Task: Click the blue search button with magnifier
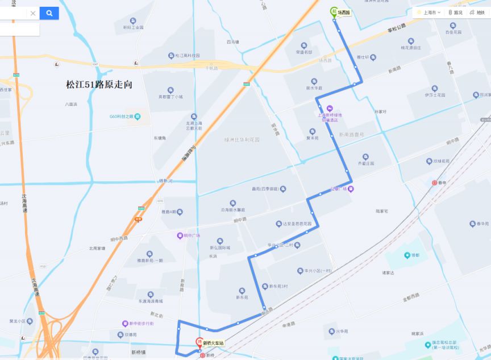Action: coord(49,13)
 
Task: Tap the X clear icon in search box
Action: coord(33,13)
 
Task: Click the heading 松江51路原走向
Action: coord(99,84)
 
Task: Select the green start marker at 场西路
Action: coord(334,11)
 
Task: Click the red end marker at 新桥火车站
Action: coord(199,343)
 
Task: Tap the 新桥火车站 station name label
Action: coord(214,343)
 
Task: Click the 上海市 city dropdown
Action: coord(428,13)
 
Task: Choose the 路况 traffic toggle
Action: coord(455,13)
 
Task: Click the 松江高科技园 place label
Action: coord(188,56)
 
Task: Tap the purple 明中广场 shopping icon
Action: coord(180,235)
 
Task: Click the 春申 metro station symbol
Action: coord(435,183)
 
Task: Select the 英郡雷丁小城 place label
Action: coord(170,97)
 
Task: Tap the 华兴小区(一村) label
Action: coord(318,271)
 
